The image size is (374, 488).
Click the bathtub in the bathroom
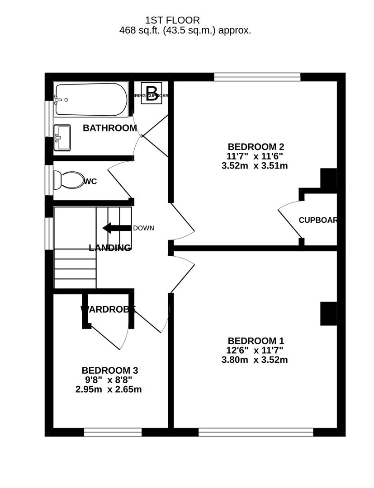point(90,99)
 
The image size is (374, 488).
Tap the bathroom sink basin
point(62,137)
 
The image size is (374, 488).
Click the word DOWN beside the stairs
point(143,228)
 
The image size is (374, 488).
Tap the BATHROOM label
point(109,128)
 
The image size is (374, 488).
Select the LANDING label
point(110,248)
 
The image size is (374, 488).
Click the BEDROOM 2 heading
point(256,147)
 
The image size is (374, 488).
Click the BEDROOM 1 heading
point(256,341)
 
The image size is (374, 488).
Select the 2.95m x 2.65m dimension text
point(109,389)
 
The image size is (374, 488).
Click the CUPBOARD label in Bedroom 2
point(318,220)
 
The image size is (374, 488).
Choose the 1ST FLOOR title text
point(172,20)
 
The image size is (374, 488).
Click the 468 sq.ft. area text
point(185,31)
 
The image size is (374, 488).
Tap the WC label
point(90,182)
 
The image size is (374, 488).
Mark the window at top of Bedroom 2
point(257,77)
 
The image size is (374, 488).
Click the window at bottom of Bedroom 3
point(113,432)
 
